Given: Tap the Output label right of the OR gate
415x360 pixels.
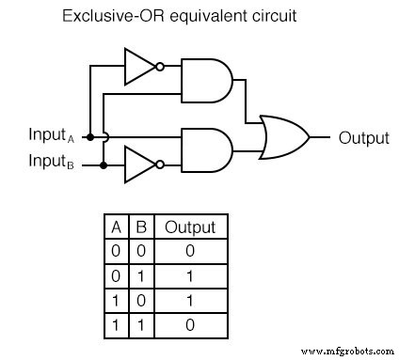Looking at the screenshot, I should coord(363,137).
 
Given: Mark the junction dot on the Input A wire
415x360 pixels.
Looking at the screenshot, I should coord(90,137).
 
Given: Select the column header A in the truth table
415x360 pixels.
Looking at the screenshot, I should coord(114,227).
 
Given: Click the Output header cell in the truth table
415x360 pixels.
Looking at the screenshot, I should coord(190,227).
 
